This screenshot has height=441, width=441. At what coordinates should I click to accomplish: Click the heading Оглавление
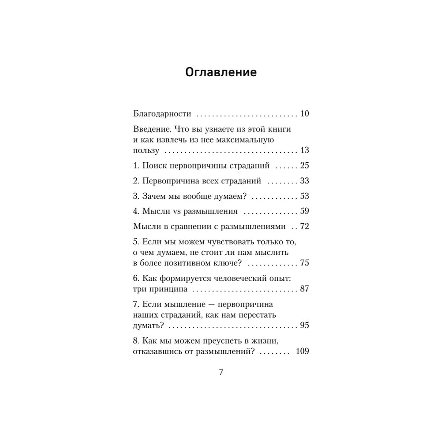click(221, 72)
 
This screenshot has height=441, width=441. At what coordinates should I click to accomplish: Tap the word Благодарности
click(162, 114)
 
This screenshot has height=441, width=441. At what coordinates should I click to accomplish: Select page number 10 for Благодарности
click(304, 114)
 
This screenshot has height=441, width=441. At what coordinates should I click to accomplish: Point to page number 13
click(304, 150)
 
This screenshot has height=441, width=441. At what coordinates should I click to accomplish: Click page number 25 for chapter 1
click(304, 166)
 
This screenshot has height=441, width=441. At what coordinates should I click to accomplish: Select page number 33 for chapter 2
click(304, 181)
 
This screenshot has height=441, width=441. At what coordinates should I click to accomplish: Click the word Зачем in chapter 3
click(153, 197)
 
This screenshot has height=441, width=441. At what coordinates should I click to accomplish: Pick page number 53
click(304, 197)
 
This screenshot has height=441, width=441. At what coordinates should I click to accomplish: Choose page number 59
click(304, 212)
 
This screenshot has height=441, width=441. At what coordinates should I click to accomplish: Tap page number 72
click(304, 227)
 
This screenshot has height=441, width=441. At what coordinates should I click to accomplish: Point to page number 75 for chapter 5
click(304, 263)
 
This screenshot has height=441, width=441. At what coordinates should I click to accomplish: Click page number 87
click(304, 290)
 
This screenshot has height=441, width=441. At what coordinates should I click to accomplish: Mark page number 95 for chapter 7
click(304, 326)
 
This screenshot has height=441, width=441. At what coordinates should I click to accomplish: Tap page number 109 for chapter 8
click(303, 352)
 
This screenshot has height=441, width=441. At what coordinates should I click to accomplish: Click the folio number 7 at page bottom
click(221, 372)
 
